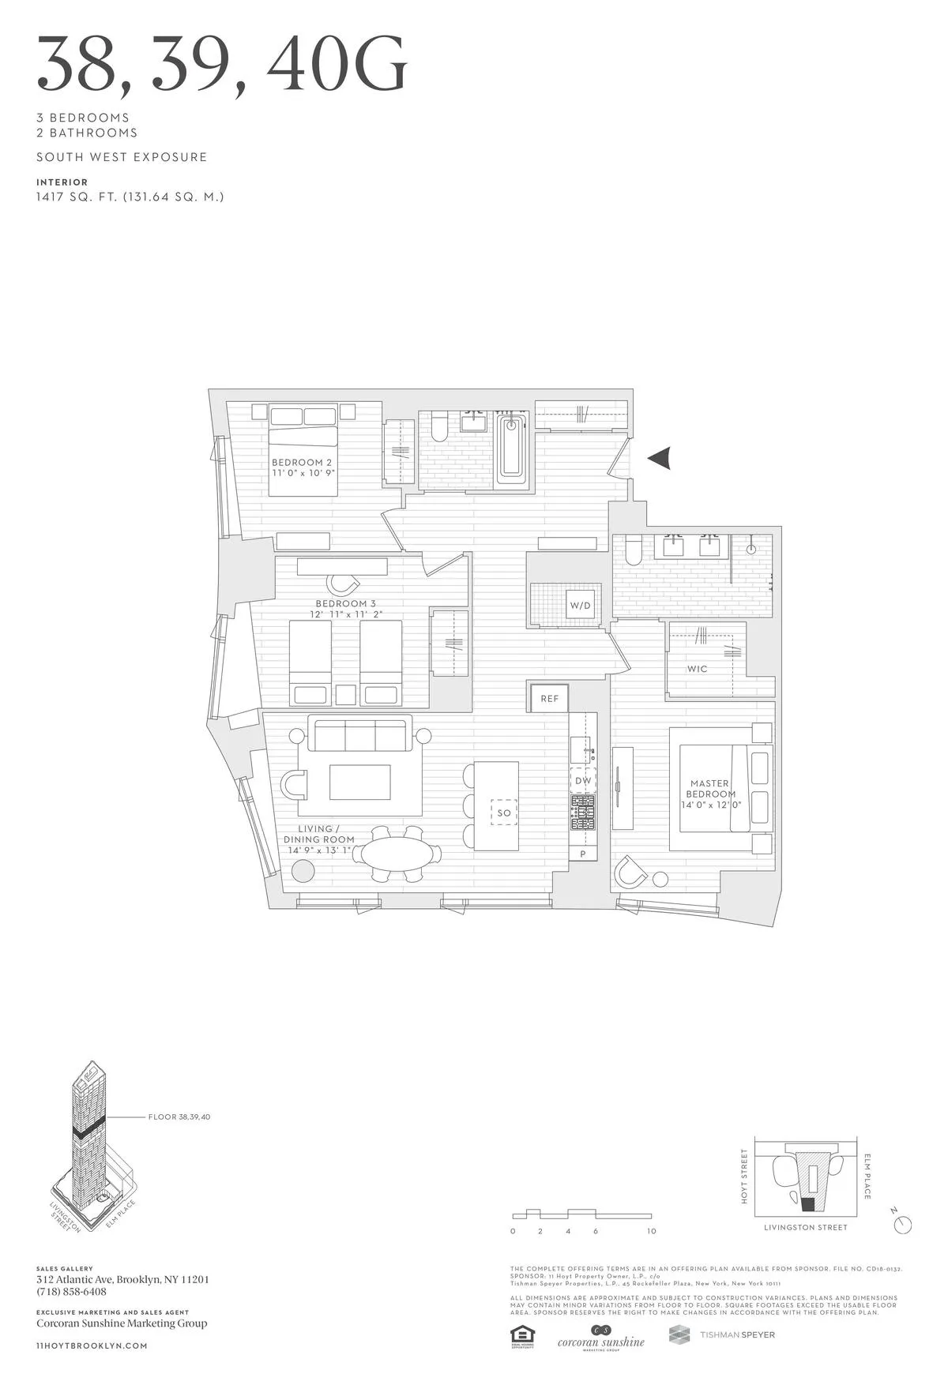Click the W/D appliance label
(x=580, y=606)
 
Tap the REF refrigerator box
(x=549, y=698)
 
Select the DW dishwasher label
(x=583, y=781)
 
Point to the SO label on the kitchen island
(x=504, y=813)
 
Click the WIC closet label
(x=697, y=669)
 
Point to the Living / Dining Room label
(x=319, y=835)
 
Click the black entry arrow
(x=660, y=457)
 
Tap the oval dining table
(x=397, y=854)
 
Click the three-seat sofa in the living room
(x=359, y=734)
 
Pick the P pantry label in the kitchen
(x=583, y=854)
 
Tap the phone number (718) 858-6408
(x=71, y=1292)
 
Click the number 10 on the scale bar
(x=651, y=1231)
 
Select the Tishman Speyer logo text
(x=737, y=1334)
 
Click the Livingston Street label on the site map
(x=805, y=1228)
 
